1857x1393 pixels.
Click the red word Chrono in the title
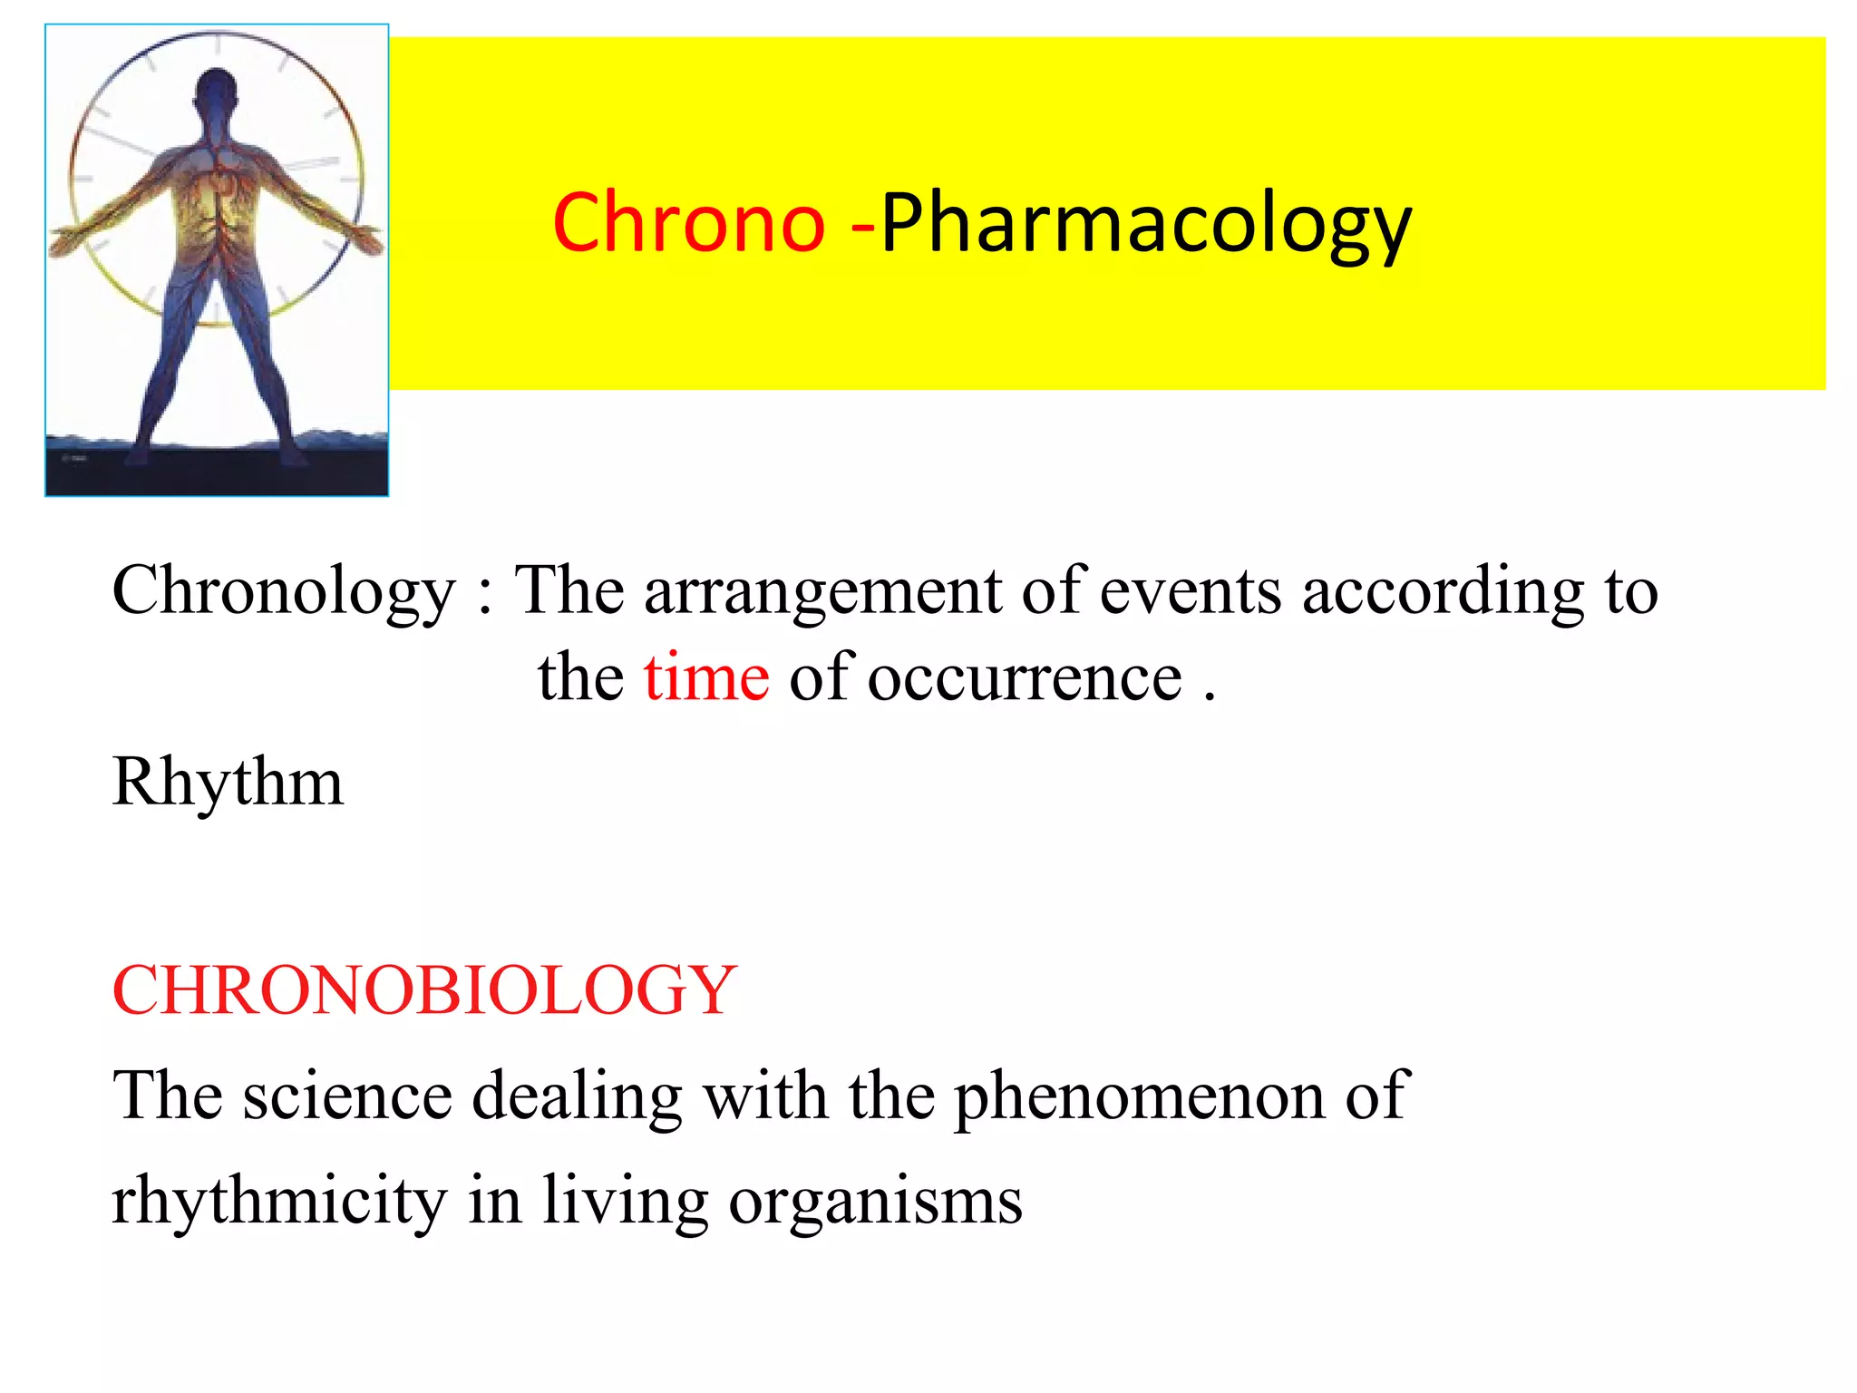(x=688, y=223)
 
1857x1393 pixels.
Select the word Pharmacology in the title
(x=1145, y=225)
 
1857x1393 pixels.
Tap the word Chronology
(x=283, y=591)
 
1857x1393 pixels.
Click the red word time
(x=706, y=677)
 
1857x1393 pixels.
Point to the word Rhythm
(x=228, y=782)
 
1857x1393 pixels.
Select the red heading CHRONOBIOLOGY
(x=423, y=990)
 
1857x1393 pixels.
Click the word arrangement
(x=822, y=591)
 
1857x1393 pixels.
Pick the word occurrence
(x=1025, y=677)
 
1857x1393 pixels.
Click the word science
(x=347, y=1096)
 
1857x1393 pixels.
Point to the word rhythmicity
(x=279, y=1201)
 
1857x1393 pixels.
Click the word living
(x=626, y=1201)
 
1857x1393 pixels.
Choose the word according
(x=1443, y=591)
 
